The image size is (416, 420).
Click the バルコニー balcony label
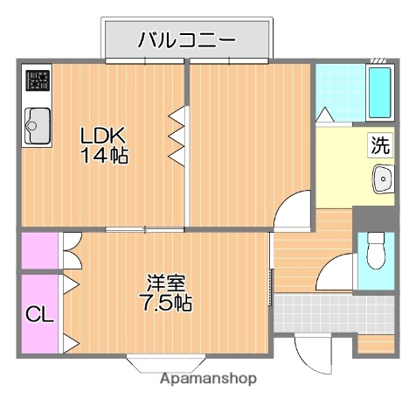186,40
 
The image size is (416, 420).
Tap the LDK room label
104,136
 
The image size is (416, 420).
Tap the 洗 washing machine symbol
379,146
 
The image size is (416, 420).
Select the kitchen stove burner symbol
37,82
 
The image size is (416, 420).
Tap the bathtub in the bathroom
379,92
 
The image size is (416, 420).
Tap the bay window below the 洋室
167,361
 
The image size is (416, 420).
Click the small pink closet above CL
39,251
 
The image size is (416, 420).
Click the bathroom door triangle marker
324,114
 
